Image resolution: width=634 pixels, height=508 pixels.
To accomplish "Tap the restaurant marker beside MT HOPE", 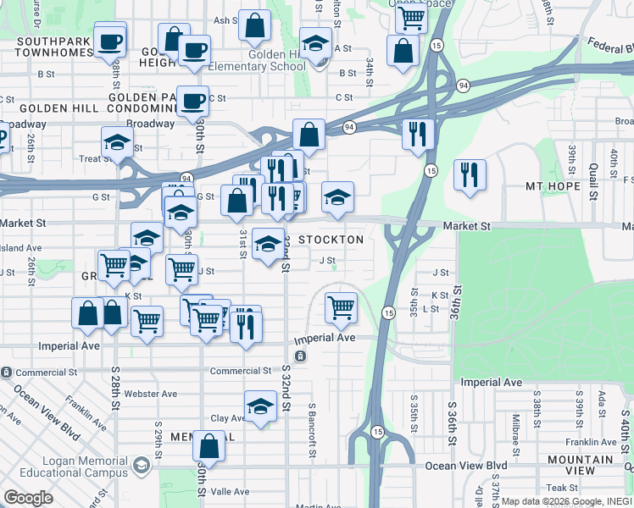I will [470, 176].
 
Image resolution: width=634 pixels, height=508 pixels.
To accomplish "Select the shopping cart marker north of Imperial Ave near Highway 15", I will [341, 307].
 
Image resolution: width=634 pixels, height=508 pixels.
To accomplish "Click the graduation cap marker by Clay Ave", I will [261, 406].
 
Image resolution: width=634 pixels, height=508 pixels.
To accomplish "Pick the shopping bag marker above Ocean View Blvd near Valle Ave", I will [209, 446].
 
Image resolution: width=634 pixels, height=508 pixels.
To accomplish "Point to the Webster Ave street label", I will [150, 394].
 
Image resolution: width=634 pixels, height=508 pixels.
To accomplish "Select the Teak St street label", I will [562, 488].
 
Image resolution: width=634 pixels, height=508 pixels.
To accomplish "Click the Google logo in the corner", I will [29, 498].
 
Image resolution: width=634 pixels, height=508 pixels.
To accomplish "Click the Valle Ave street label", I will [230, 491].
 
